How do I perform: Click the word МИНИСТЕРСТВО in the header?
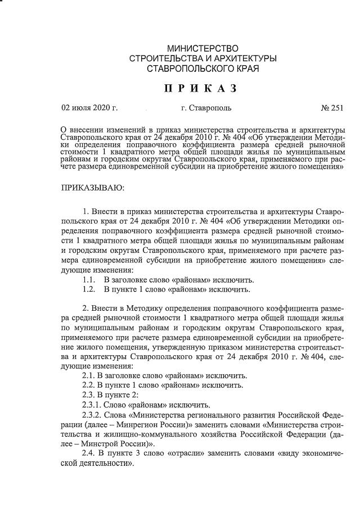click(x=202, y=49)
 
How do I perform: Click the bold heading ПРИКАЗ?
click(x=200, y=89)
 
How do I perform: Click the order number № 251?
click(x=332, y=107)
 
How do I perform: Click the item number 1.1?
click(x=88, y=280)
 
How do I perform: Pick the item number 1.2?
click(x=88, y=289)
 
